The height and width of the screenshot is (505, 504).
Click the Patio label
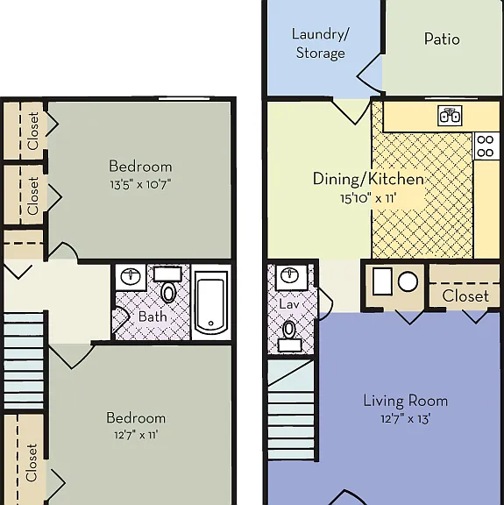click(442, 39)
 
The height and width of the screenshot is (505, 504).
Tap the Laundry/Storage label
click(321, 44)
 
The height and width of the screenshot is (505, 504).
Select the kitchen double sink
click(450, 116)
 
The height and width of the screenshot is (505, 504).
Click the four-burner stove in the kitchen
click(486, 146)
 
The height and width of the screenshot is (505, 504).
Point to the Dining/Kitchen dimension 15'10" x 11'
click(368, 198)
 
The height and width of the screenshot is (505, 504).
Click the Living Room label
click(406, 401)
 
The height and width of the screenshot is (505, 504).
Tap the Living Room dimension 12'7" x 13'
click(406, 419)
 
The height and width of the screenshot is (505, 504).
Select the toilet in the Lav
click(289, 335)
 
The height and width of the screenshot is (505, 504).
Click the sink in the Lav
click(292, 276)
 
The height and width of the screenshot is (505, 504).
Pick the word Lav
click(289, 304)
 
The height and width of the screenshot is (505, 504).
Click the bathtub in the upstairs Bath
click(210, 302)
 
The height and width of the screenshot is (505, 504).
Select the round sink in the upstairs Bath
click(131, 276)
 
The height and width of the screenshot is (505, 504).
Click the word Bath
click(153, 317)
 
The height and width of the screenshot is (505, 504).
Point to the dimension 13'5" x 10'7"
click(140, 184)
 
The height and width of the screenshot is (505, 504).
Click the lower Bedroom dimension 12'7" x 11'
click(136, 435)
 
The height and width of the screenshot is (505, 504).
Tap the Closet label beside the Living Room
click(465, 296)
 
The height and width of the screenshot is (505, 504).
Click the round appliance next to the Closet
click(408, 281)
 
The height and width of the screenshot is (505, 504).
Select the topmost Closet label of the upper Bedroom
click(33, 131)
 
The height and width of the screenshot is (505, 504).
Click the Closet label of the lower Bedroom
click(32, 463)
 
